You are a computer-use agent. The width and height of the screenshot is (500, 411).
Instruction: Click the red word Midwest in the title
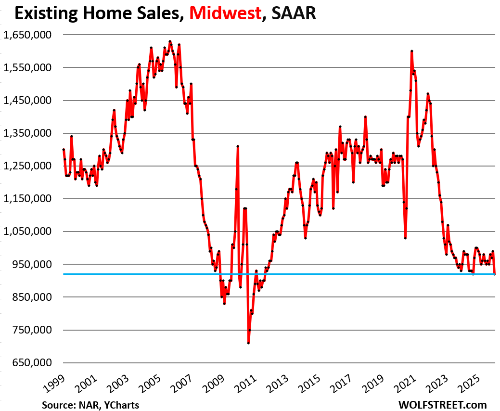[x=225, y=13]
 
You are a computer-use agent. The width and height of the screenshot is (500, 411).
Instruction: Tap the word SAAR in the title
[x=293, y=13]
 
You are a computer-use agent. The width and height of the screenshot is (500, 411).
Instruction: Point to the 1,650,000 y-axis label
[x=27, y=35]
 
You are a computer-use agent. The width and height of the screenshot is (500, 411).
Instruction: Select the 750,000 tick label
[x=31, y=330]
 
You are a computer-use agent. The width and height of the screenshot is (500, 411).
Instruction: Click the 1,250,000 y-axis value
[x=27, y=166]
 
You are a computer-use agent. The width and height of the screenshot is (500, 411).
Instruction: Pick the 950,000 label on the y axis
[x=31, y=264]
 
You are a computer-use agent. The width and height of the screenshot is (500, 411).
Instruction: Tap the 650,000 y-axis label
[x=31, y=363]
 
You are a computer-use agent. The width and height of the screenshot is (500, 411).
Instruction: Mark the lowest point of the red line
[x=248, y=343]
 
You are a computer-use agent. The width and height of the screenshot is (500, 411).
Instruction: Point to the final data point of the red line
[x=495, y=274]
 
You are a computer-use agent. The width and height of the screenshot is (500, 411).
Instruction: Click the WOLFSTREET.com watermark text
[x=442, y=405]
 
